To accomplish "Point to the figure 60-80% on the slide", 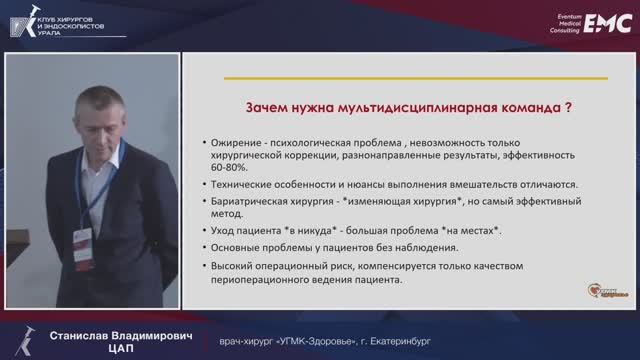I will pos(230,169).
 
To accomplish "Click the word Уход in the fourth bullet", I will pos(223,231).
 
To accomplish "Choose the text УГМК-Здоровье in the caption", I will pos(296,340).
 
